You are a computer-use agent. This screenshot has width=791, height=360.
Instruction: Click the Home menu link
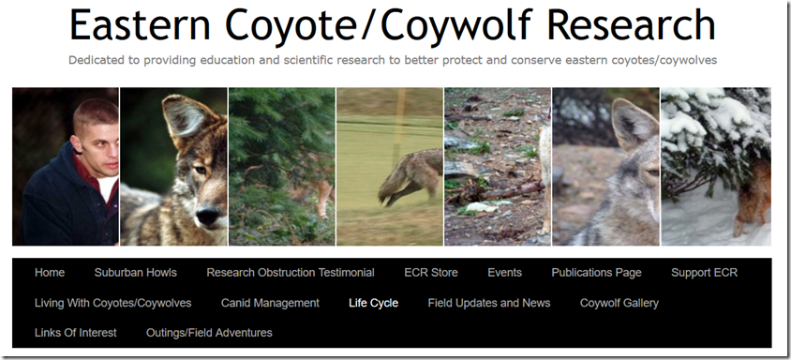tap(50, 273)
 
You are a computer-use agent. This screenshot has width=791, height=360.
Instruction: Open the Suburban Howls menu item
tap(135, 273)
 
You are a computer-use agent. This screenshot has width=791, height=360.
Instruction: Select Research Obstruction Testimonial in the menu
tap(291, 273)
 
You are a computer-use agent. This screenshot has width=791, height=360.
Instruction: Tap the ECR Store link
tap(431, 273)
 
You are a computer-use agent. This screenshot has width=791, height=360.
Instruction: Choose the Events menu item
tap(504, 273)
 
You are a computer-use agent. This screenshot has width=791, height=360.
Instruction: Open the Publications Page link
tap(596, 273)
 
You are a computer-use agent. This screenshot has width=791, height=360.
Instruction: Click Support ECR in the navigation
tap(704, 273)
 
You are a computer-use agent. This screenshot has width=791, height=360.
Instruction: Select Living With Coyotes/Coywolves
tap(112, 303)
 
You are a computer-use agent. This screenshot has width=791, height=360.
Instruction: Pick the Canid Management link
tap(270, 303)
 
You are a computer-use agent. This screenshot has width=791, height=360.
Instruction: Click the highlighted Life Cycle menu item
tap(373, 303)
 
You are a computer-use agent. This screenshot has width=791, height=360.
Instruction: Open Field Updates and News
tap(489, 303)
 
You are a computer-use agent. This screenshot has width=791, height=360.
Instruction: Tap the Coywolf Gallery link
tap(619, 303)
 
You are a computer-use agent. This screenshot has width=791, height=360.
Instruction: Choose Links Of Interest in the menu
tap(75, 333)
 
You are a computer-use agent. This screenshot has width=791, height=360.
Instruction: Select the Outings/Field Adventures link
tap(209, 333)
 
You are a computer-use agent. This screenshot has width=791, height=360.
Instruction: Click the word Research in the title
tap(631, 24)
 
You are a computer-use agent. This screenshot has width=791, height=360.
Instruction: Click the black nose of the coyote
tap(208, 216)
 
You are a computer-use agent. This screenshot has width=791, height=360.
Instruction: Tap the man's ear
tap(78, 143)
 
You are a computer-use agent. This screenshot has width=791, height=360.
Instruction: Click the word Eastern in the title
tap(141, 24)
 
